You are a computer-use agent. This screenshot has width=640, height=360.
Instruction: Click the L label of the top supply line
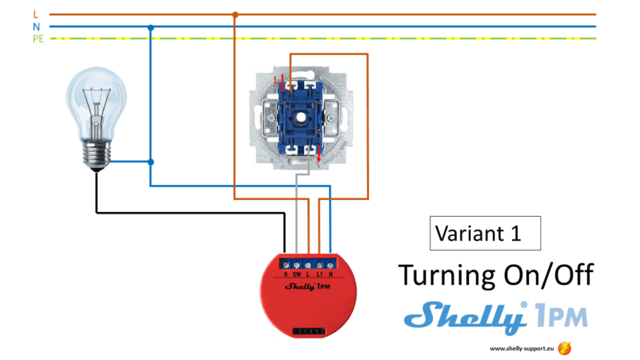(x=35, y=14)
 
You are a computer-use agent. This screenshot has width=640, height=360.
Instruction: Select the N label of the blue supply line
(x=36, y=26)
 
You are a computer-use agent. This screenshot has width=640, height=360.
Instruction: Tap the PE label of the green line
(x=38, y=38)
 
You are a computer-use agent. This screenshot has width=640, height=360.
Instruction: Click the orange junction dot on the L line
(x=234, y=14)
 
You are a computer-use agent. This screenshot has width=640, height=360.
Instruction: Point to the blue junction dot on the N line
(x=150, y=27)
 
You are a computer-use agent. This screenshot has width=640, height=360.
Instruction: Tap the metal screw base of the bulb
(x=97, y=154)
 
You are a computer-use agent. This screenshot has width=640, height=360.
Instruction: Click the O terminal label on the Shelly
(x=286, y=274)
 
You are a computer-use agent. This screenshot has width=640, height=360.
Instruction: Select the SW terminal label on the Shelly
(x=297, y=274)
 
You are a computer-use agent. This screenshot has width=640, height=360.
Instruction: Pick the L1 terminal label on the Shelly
(x=320, y=274)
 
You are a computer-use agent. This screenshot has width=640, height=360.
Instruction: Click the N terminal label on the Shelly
(x=330, y=274)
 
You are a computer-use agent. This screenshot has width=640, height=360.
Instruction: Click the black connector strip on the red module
(x=308, y=329)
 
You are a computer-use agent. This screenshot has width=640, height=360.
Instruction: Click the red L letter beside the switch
(x=277, y=81)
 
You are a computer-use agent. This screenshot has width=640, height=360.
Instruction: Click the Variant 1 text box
(x=485, y=234)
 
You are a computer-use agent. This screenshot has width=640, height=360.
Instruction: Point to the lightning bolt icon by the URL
(x=566, y=348)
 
